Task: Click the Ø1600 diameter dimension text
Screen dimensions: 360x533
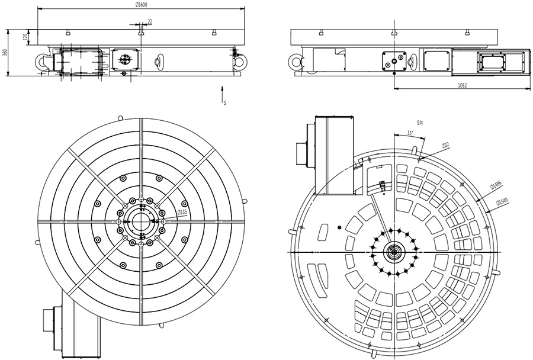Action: (141, 5)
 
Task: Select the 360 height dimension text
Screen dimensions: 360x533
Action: (5, 53)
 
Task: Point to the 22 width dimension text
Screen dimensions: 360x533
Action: (150, 21)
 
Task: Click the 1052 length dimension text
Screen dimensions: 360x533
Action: (463, 86)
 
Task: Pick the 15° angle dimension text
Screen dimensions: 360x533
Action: (410, 133)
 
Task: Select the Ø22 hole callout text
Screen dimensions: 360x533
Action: (445, 145)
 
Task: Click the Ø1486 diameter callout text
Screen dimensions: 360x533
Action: (495, 186)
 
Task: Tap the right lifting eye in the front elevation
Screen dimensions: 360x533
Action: (239, 60)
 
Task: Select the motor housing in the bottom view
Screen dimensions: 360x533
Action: (334, 155)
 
